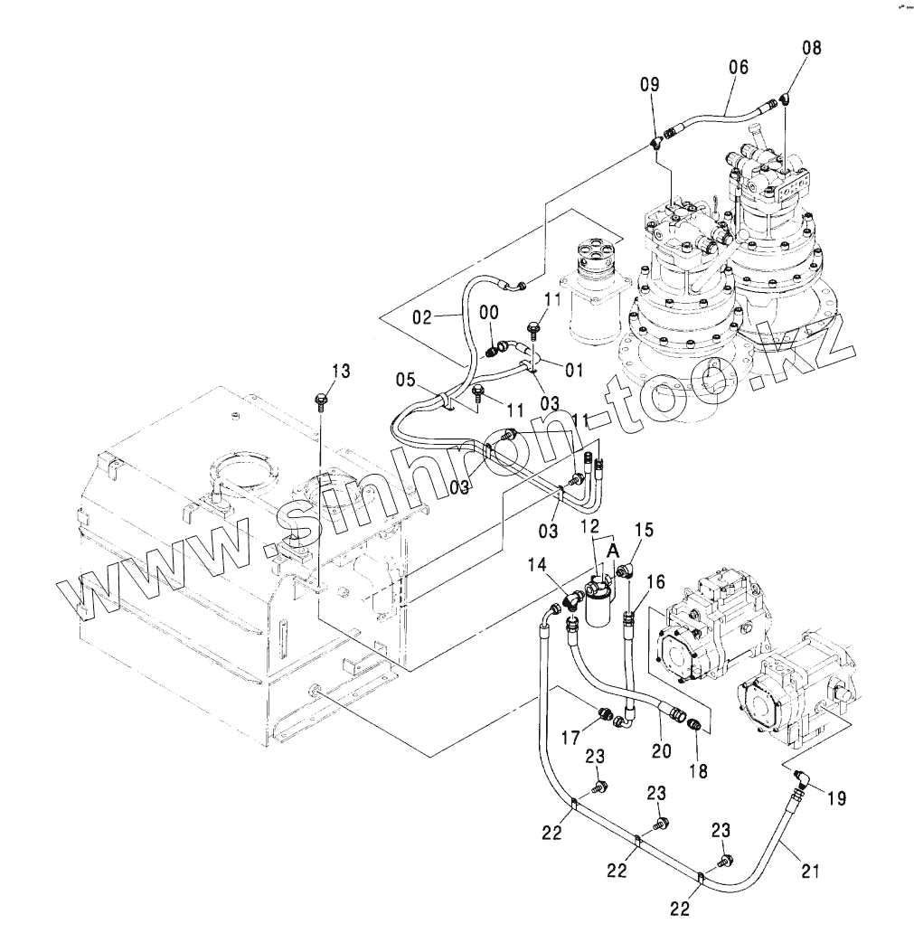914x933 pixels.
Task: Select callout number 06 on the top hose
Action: pyautogui.click(x=739, y=67)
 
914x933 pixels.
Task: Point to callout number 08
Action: pyautogui.click(x=812, y=48)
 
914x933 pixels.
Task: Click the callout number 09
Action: pyautogui.click(x=649, y=85)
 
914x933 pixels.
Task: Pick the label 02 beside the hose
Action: pyautogui.click(x=425, y=317)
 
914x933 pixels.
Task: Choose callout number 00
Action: pyautogui.click(x=488, y=312)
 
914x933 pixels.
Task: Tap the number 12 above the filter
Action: pyautogui.click(x=590, y=526)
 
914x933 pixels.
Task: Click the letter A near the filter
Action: pyautogui.click(x=613, y=550)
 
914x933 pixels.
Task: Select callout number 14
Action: pyautogui.click(x=538, y=564)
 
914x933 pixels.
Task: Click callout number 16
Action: pyautogui.click(x=655, y=580)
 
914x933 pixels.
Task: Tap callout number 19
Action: pyautogui.click(x=836, y=798)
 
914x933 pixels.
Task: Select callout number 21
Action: pyautogui.click(x=810, y=872)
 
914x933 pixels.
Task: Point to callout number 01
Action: pyautogui.click(x=573, y=369)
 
